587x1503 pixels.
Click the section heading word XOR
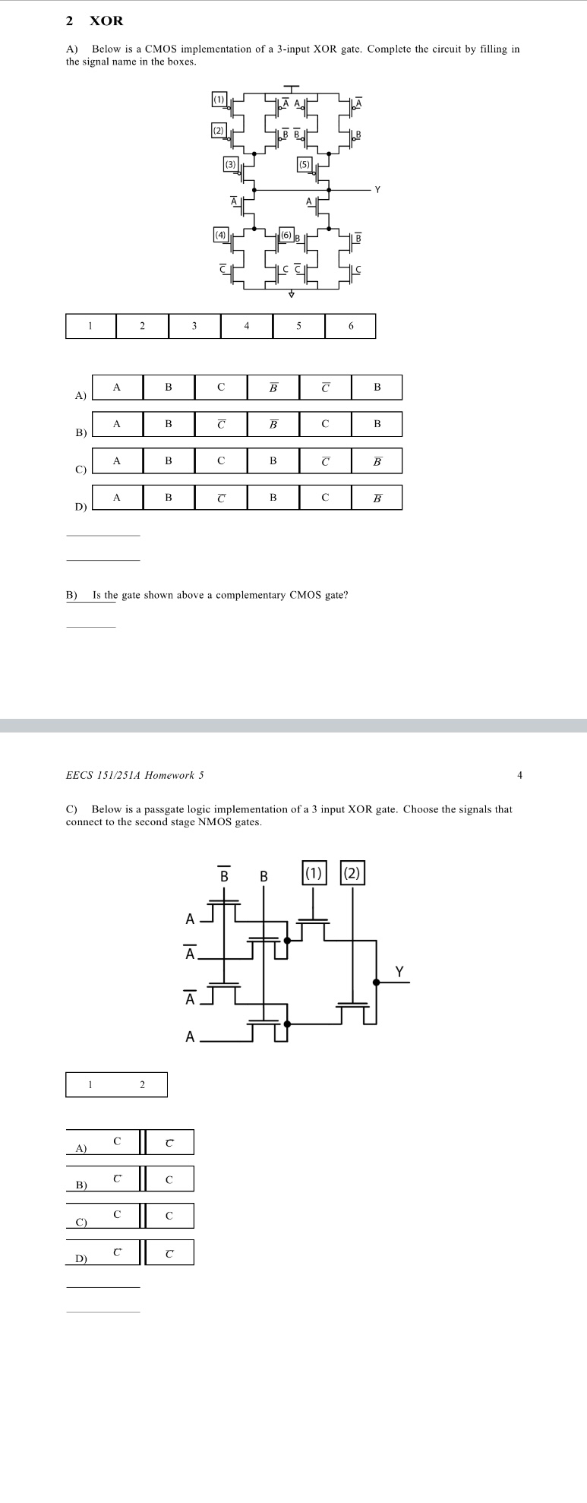(106, 21)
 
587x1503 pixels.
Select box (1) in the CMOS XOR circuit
(219, 99)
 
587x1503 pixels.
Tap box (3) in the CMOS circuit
(231, 164)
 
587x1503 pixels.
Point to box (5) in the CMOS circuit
(305, 164)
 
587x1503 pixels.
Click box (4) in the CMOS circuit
(221, 235)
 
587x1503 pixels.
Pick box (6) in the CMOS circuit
(286, 235)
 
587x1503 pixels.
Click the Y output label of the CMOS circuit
(377, 189)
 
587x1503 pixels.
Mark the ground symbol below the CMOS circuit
(291, 295)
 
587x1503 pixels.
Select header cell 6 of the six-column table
(351, 326)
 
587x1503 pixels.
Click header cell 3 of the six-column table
(194, 326)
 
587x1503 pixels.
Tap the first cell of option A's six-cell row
(117, 388)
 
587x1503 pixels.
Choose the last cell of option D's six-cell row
(377, 498)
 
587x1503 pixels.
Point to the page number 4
(519, 775)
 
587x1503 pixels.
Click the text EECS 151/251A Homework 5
(135, 775)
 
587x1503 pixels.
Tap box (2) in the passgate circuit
(352, 873)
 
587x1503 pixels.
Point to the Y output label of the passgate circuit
(399, 972)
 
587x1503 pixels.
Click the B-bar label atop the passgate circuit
(224, 875)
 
